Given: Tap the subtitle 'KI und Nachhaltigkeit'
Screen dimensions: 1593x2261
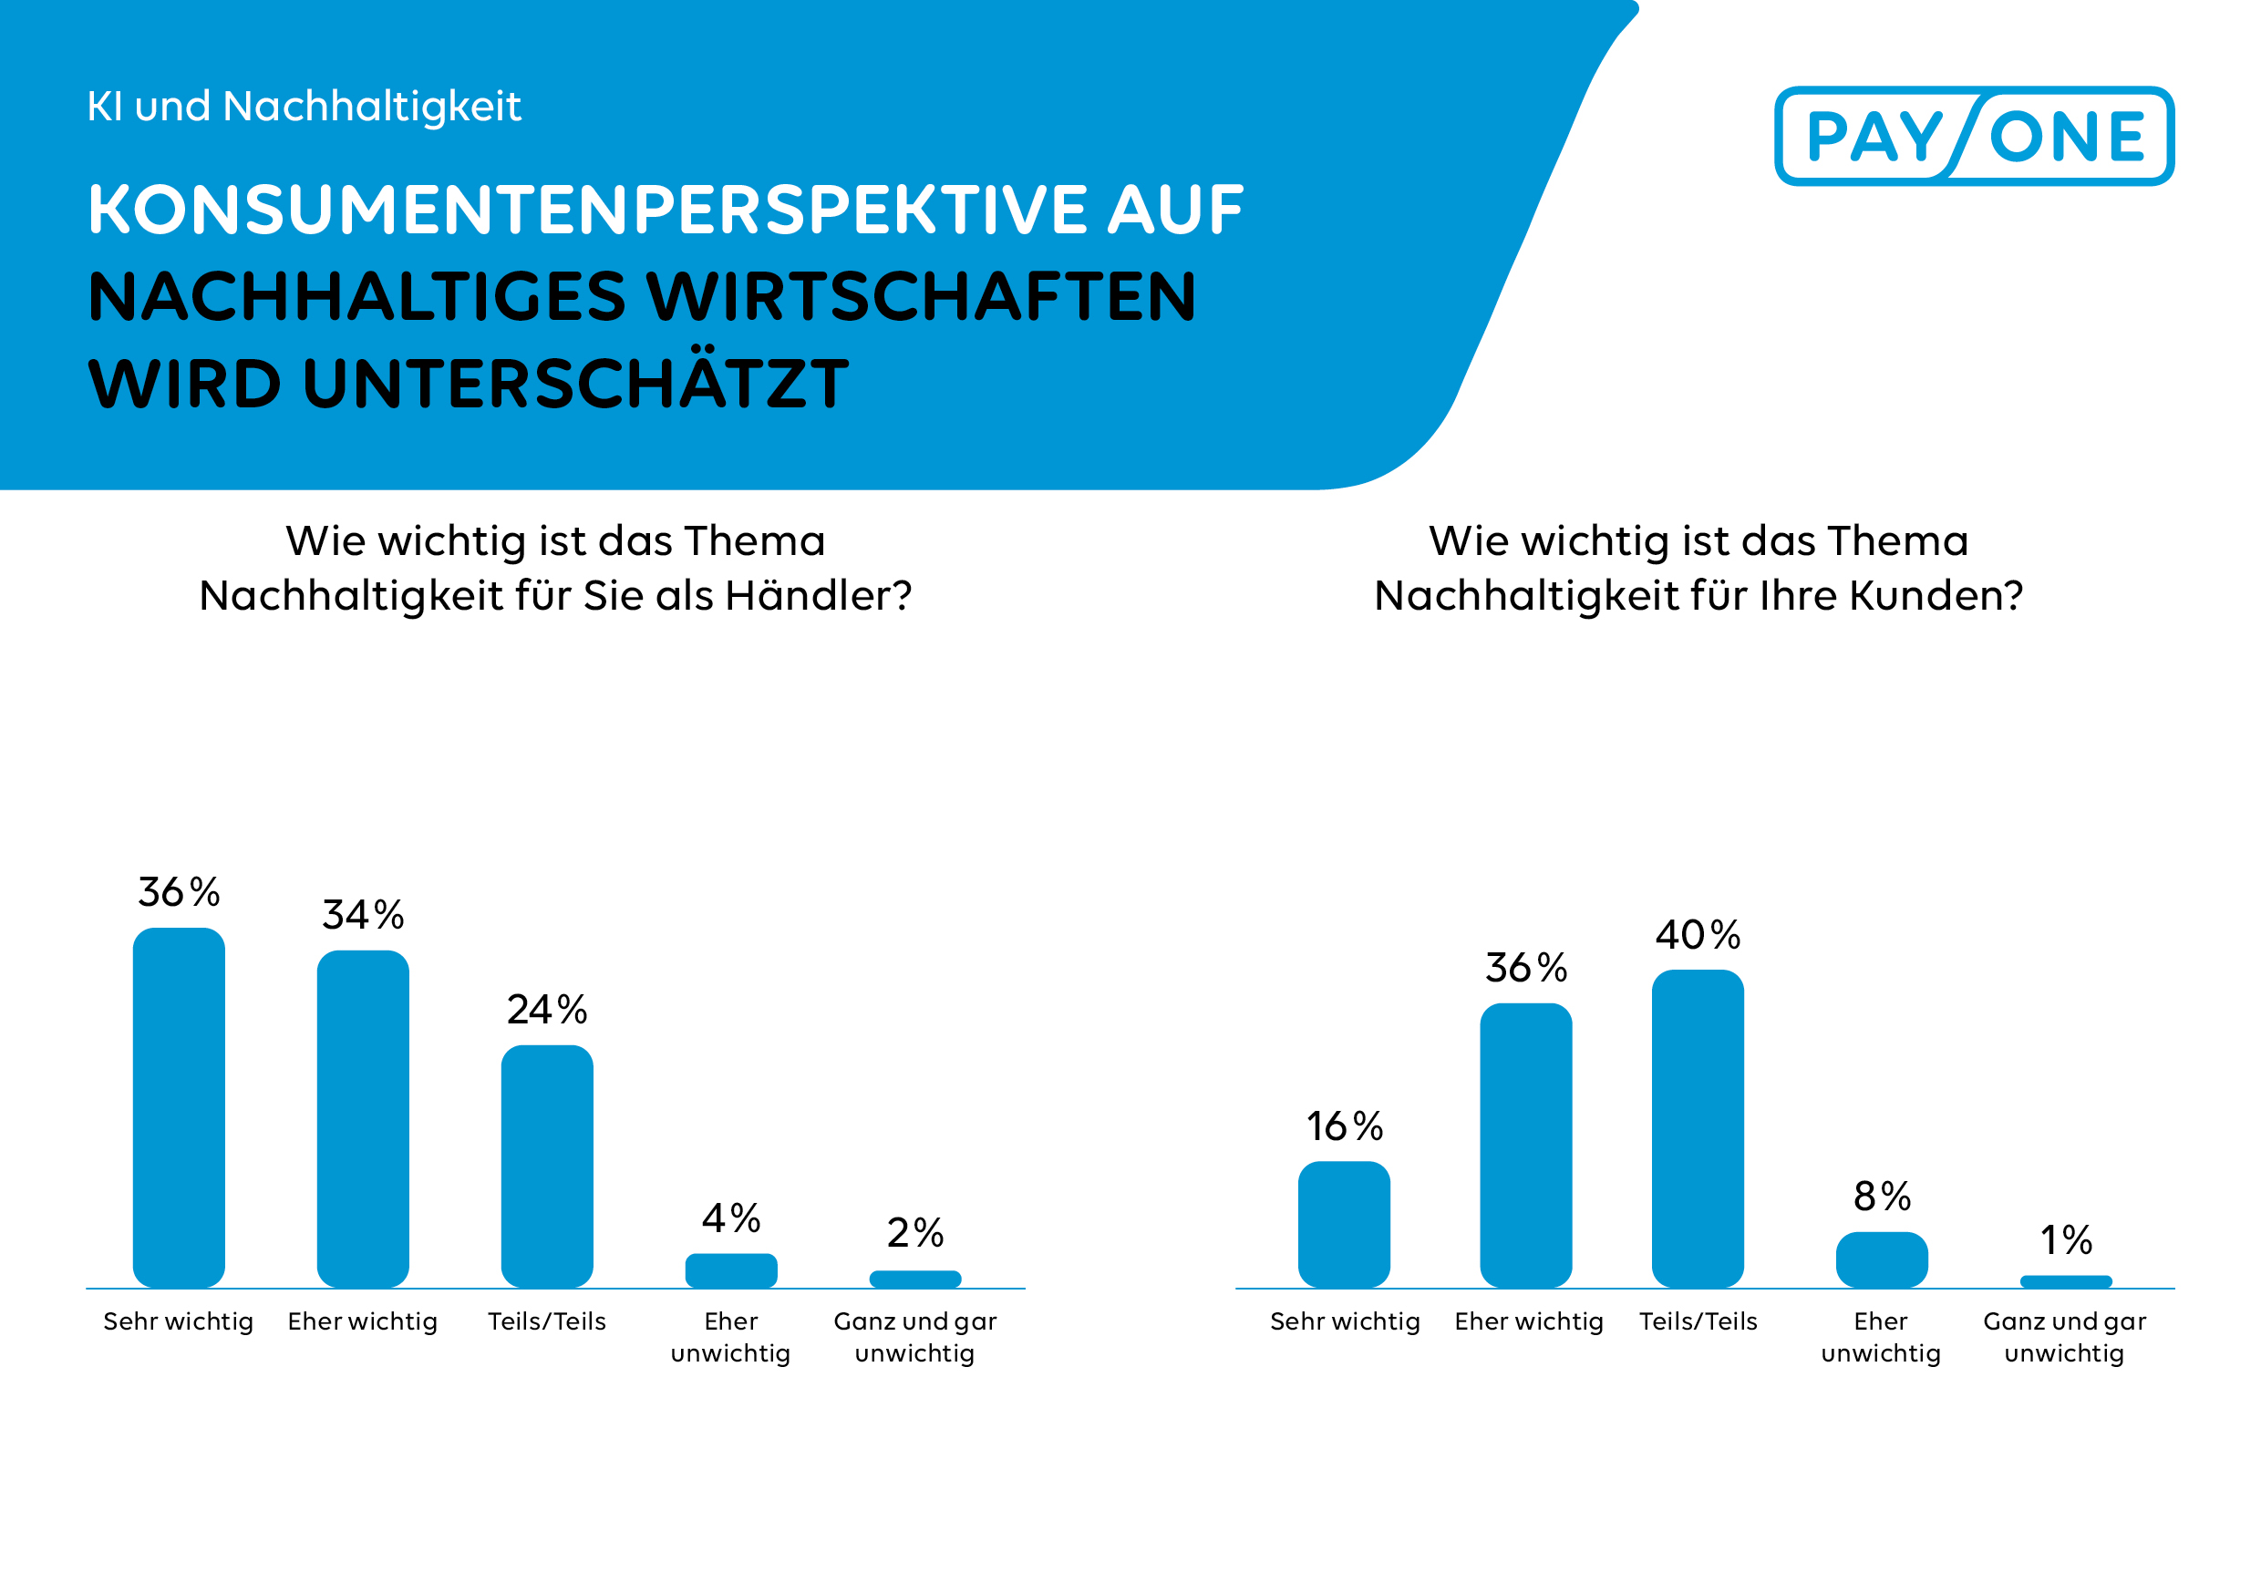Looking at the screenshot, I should [x=304, y=107].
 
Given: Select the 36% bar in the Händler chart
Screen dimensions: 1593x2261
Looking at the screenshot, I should [x=179, y=1106].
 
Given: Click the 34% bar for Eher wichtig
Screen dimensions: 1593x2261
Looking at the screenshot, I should [x=362, y=1118].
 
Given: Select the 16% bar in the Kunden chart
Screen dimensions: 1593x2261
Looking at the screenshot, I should [x=1343, y=1224].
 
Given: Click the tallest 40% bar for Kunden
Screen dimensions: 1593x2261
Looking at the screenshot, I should [x=1697, y=1128].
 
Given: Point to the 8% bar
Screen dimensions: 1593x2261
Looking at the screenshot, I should [x=1881, y=1259].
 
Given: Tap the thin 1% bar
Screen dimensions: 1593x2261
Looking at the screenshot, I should [x=2065, y=1281].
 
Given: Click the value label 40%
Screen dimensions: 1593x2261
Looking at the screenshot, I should [x=1697, y=934].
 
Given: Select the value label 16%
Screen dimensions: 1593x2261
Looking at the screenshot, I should [x=1343, y=1125].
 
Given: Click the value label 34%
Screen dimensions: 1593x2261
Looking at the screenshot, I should [x=362, y=915].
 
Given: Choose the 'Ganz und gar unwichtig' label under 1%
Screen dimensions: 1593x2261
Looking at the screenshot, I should [x=2064, y=1336].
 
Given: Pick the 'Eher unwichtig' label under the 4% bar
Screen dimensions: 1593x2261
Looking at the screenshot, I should [x=730, y=1336].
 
